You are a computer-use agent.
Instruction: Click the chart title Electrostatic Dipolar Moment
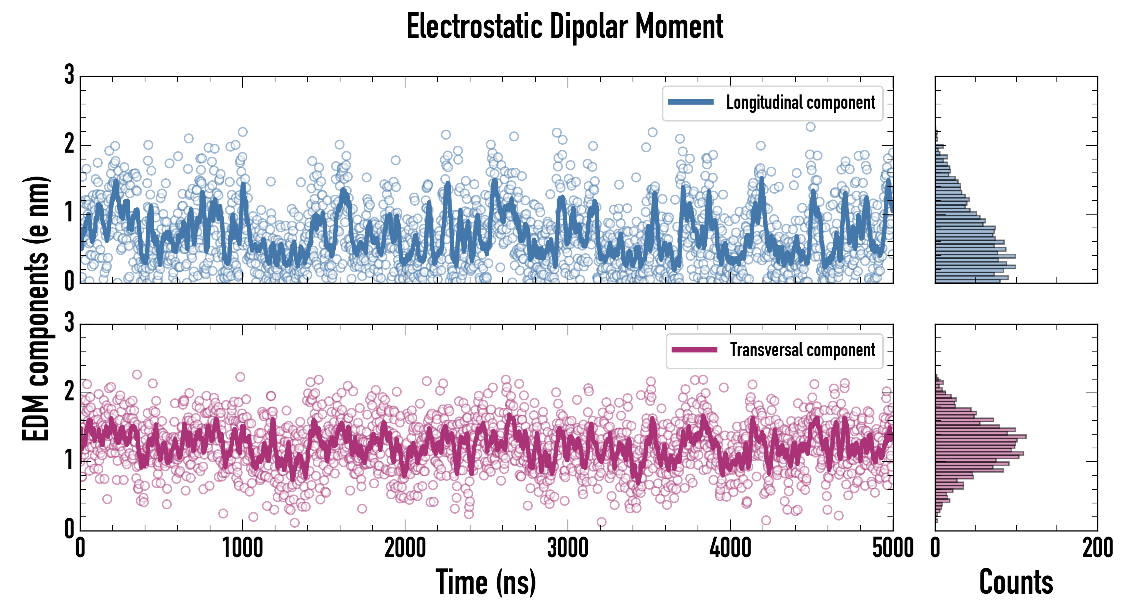tap(564, 27)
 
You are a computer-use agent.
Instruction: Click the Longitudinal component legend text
tap(800, 103)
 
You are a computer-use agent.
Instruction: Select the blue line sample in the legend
tap(690, 102)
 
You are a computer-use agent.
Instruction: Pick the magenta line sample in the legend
tap(694, 350)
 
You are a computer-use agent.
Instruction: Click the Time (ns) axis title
tap(485, 582)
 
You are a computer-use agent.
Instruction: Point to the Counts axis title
tap(1016, 582)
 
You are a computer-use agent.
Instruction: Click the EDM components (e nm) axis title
tap(36, 309)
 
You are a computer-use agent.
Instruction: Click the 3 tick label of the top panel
tap(69, 75)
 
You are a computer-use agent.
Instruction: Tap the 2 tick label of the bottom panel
tap(69, 392)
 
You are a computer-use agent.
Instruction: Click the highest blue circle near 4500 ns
tap(810, 127)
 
